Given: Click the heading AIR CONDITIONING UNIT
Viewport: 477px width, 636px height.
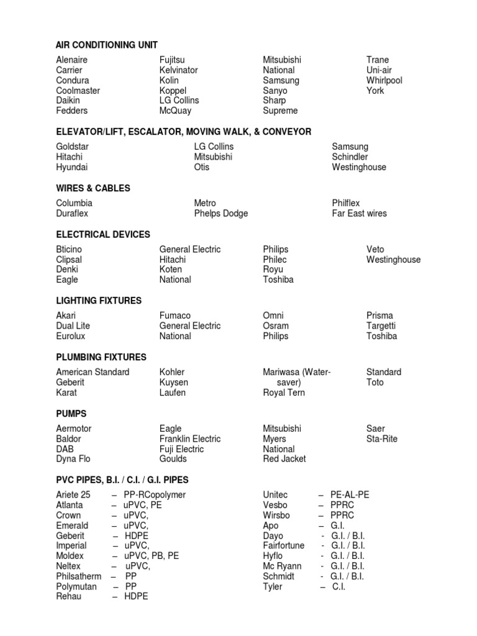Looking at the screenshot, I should [x=106, y=45].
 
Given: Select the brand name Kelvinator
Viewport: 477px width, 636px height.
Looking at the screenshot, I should [x=178, y=70].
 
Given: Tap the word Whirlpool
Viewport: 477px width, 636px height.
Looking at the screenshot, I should [x=384, y=80].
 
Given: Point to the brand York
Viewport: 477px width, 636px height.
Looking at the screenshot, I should [x=375, y=91].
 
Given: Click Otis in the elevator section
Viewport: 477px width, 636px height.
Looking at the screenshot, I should [x=202, y=167].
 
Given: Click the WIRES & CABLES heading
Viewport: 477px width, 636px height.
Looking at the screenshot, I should [x=93, y=188].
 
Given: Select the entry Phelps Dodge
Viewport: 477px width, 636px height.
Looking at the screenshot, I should [x=220, y=214].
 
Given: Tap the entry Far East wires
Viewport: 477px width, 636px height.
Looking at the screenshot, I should [x=359, y=214].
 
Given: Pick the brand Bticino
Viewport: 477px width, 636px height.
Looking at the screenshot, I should [x=69, y=250].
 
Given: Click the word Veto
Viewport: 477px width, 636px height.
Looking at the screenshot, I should [x=376, y=250].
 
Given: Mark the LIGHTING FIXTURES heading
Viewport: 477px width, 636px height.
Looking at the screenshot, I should [x=99, y=301].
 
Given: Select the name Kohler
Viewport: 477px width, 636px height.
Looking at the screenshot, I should [x=173, y=372].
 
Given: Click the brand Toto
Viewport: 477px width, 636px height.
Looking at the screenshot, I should [x=375, y=383].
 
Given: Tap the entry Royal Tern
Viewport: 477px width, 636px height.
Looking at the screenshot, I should [x=284, y=393].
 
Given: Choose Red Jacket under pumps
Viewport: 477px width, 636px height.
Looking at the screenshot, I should [x=284, y=459].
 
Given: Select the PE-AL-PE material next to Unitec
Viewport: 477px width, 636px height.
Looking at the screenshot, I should [x=350, y=495].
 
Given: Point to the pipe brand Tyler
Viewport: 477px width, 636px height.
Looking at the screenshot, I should [x=273, y=586].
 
